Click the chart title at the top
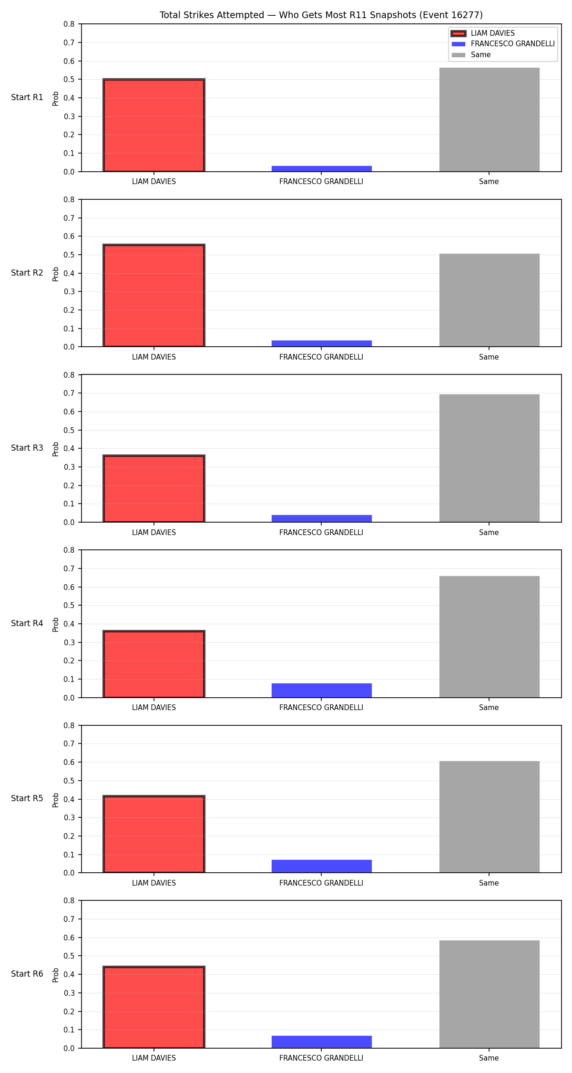pyautogui.click(x=321, y=15)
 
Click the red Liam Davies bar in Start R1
pyautogui.click(x=154, y=125)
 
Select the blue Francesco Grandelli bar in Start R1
pyautogui.click(x=322, y=169)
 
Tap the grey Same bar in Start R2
pyautogui.click(x=490, y=300)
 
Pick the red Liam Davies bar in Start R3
pyautogui.click(x=154, y=489)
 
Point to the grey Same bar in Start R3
pyautogui.click(x=490, y=458)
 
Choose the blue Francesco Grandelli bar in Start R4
pyautogui.click(x=322, y=691)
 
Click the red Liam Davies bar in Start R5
pyautogui.click(x=154, y=835)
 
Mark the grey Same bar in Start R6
pyautogui.click(x=490, y=994)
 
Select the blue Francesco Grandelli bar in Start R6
pyautogui.click(x=322, y=1042)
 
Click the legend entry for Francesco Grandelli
pyautogui.click(x=503, y=44)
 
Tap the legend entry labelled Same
pyautogui.click(x=471, y=55)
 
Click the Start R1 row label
pyautogui.click(x=27, y=97)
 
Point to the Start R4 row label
pyautogui.click(x=27, y=623)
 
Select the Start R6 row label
pyautogui.click(x=27, y=974)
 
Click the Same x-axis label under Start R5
pyautogui.click(x=489, y=883)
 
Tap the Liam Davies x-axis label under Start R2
pyautogui.click(x=154, y=357)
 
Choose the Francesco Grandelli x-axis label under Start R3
pyautogui.click(x=321, y=532)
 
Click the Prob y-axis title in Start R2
pyautogui.click(x=56, y=274)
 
